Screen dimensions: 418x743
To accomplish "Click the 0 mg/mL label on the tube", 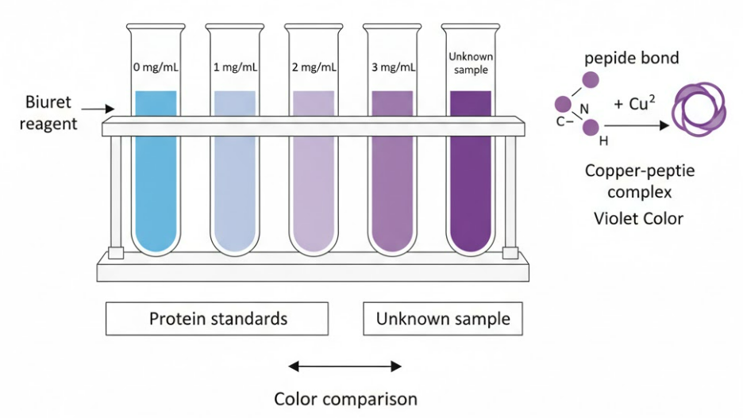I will [x=156, y=67].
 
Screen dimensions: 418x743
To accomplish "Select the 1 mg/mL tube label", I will [x=235, y=67].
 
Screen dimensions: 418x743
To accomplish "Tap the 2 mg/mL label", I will [x=314, y=67].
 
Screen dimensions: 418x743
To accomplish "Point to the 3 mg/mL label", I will [x=392, y=67].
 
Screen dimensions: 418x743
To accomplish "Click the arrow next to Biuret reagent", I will [x=98, y=109].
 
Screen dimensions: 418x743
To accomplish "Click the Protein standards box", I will [x=218, y=319].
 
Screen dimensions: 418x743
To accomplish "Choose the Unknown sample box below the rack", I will [x=443, y=319].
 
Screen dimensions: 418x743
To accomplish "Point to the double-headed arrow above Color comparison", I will [x=345, y=366].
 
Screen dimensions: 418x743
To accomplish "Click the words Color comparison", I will [x=345, y=397].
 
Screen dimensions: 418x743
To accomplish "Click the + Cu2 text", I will [x=634, y=104].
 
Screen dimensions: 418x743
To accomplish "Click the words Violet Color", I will [x=638, y=218].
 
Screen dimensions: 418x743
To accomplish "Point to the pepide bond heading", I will [x=632, y=58].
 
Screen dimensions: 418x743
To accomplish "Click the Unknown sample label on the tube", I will [x=469, y=63].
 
